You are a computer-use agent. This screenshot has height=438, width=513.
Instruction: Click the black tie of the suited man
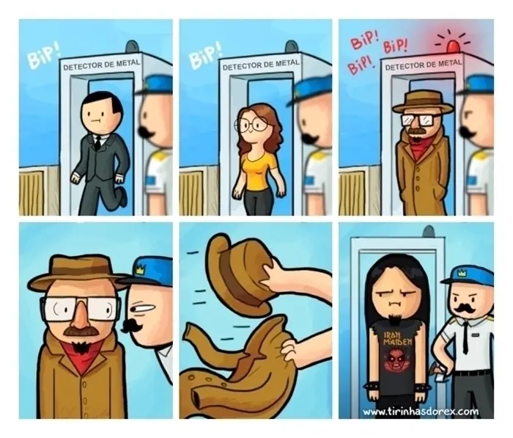pos(97,142)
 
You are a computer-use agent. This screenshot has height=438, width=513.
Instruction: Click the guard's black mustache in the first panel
pos(147,131)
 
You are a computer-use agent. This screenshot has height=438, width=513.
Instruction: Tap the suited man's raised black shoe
pos(122,196)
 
